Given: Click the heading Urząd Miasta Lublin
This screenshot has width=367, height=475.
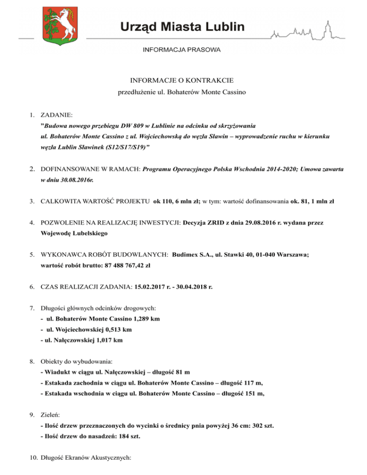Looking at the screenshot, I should pos(183,26).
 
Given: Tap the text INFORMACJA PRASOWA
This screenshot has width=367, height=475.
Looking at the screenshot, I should pos(182,50).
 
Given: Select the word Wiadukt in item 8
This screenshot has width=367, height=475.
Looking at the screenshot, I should pos(59,371).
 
